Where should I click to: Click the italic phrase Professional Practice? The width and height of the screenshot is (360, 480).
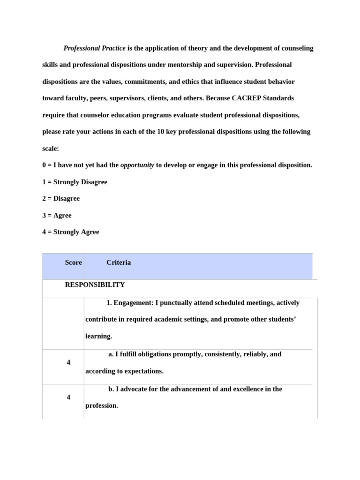(95, 48)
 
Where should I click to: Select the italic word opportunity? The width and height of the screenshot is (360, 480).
(137, 165)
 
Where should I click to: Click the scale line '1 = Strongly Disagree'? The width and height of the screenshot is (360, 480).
(75, 182)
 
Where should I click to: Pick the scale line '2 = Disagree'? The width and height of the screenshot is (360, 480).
(61, 198)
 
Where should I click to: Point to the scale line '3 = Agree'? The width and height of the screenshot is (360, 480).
(57, 215)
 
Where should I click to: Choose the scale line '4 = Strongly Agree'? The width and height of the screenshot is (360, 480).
(70, 232)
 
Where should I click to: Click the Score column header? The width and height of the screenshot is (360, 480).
(73, 262)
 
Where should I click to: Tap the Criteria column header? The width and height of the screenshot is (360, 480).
(119, 262)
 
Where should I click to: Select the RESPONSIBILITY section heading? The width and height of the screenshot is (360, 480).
(95, 285)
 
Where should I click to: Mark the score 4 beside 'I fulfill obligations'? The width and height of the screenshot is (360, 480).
(68, 362)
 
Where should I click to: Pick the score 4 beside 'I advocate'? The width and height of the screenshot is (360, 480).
(68, 397)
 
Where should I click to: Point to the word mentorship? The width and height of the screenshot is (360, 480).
(172, 65)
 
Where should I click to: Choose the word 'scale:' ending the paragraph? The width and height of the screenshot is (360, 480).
(51, 148)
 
